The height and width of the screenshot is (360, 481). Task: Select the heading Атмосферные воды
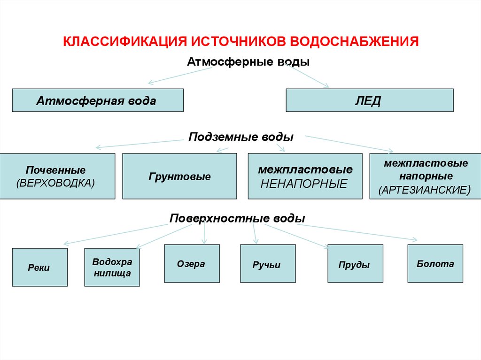tap(248, 62)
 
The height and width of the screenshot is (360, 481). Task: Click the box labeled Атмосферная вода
tap(98, 100)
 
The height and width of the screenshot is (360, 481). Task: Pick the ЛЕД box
tap(370, 100)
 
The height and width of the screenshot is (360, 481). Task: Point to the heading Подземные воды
tap(241, 137)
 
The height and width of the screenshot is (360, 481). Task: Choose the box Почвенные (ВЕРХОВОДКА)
tap(58, 176)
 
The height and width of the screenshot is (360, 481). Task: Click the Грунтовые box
tap(179, 176)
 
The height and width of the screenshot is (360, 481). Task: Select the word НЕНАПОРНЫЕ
tap(303, 184)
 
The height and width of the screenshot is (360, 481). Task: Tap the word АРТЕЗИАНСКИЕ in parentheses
tap(424, 191)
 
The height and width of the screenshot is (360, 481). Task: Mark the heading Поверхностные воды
tap(237, 219)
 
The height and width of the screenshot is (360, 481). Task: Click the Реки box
tap(39, 268)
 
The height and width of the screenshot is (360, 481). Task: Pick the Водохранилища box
tap(112, 268)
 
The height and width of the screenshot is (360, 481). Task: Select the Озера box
tap(192, 263)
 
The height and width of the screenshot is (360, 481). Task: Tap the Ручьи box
tap(268, 264)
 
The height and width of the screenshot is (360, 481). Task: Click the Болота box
tap(435, 263)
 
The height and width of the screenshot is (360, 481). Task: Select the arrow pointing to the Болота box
tap(357, 232)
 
